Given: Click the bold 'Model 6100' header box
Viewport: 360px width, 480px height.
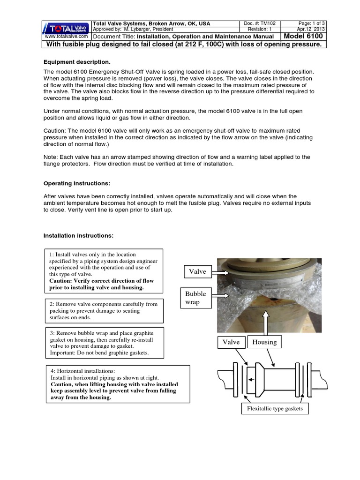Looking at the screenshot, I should click(303, 36).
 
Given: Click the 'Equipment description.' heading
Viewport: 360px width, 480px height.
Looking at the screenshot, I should click(77, 62).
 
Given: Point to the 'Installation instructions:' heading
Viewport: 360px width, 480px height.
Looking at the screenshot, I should click(78, 235).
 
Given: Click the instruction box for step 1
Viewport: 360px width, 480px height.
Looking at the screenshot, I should click(105, 271).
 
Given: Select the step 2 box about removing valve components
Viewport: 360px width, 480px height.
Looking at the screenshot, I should click(104, 311).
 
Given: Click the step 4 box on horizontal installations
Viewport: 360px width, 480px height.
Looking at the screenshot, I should click(117, 384).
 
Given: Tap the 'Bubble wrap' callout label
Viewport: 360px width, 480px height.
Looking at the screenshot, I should click(195, 298).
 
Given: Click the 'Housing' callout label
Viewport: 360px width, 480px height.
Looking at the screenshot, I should click(264, 342).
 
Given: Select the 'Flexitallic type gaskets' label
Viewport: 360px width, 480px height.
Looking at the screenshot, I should click(275, 409).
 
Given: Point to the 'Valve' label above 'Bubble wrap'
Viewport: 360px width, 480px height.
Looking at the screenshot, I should click(197, 271).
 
